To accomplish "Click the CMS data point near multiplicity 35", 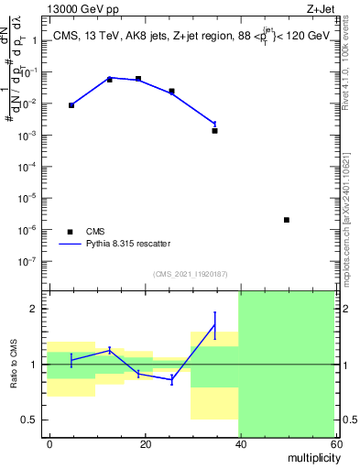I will [x=214, y=131].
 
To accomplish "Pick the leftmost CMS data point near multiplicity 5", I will [x=71, y=105].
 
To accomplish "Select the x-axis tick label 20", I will [x=145, y=443].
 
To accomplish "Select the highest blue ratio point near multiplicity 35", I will [x=214, y=324].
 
